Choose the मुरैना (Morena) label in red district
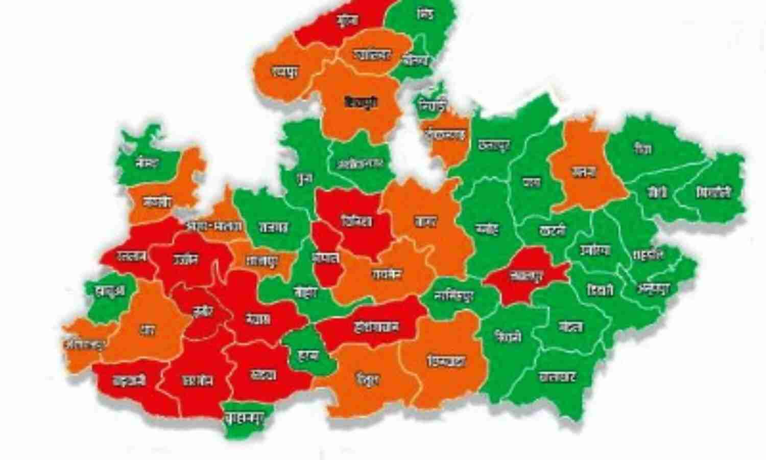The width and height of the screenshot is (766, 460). pyautogui.click(x=348, y=20)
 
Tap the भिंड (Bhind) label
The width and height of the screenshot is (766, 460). pyautogui.click(x=425, y=14)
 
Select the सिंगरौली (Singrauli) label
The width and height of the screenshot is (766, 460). pyautogui.click(x=713, y=193)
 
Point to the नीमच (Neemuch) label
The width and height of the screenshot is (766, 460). pyautogui.click(x=148, y=163)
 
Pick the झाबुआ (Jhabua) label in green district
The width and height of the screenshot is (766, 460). pyautogui.click(x=109, y=290)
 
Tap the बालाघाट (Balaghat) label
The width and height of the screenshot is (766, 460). pyautogui.click(x=558, y=377)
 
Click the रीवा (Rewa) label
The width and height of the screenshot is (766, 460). pyautogui.click(x=642, y=150)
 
